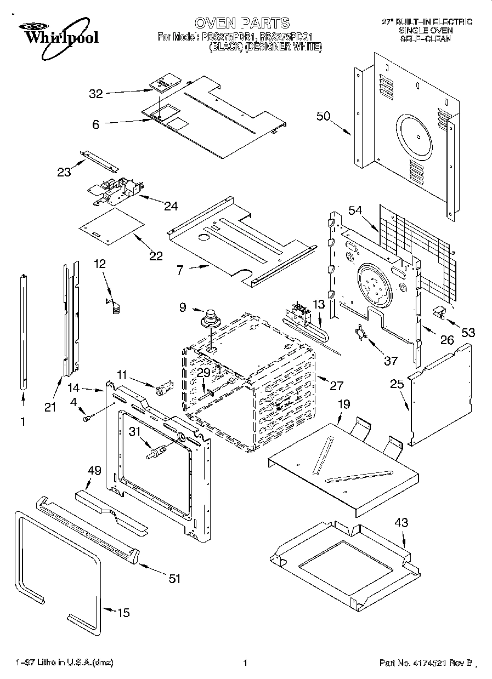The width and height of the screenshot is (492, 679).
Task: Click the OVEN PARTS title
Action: tap(242, 23)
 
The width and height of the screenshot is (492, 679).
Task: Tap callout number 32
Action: tap(96, 94)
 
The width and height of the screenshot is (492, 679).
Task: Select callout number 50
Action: tap(324, 116)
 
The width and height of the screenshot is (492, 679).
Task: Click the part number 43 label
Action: tap(401, 523)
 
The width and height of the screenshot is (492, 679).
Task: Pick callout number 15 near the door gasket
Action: tap(124, 613)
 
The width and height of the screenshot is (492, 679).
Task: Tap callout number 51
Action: tap(174, 579)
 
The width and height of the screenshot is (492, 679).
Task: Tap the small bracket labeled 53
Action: tap(439, 312)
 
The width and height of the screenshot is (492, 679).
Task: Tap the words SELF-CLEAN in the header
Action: tap(425, 39)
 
